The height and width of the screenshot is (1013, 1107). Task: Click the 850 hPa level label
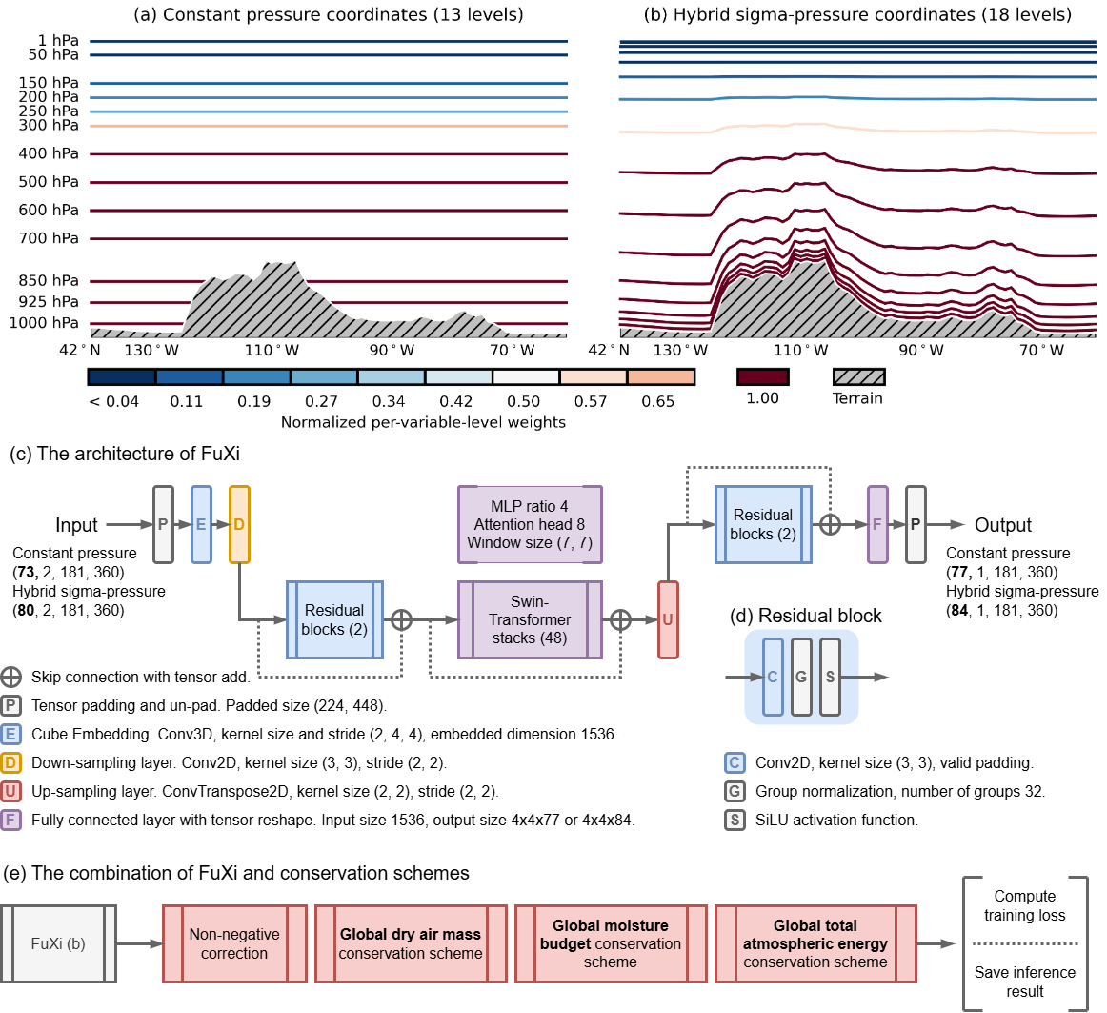pos(48,281)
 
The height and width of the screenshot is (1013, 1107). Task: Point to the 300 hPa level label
pos(48,126)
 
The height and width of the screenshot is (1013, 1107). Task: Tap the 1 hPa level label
pos(58,41)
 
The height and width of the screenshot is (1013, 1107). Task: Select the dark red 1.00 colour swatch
pos(762,377)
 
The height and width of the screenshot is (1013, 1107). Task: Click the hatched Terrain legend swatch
pos(858,377)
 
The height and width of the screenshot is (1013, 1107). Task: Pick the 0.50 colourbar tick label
pos(523,401)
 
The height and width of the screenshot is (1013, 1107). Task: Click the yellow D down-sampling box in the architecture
pos(239,524)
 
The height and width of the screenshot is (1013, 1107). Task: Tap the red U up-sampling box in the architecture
pos(667,619)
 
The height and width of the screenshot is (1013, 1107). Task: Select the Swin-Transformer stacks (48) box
pos(530,619)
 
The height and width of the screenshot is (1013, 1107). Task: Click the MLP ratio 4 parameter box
pos(530,524)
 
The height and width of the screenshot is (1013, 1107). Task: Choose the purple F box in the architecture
pos(877,524)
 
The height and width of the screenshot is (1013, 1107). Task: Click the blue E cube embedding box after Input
pos(201,524)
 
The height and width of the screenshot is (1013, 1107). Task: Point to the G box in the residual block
pos(801,678)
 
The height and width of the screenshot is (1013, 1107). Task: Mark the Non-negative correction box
pos(234,943)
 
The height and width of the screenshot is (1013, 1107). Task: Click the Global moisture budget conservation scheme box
pos(611,943)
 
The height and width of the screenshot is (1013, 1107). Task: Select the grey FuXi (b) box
pos(58,943)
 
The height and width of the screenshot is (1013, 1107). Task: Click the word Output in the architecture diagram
pos(1002,525)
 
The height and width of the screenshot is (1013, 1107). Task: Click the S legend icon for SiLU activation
pos(735,820)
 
